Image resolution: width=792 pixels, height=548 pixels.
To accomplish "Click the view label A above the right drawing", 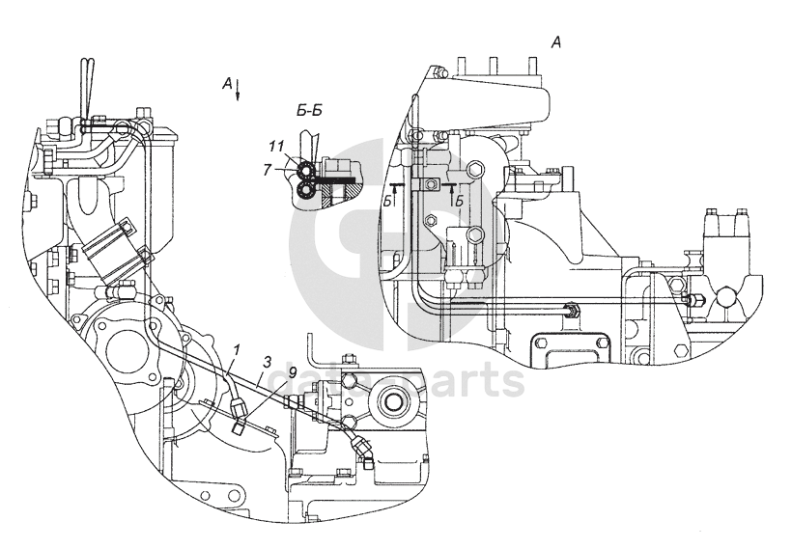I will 555,41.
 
